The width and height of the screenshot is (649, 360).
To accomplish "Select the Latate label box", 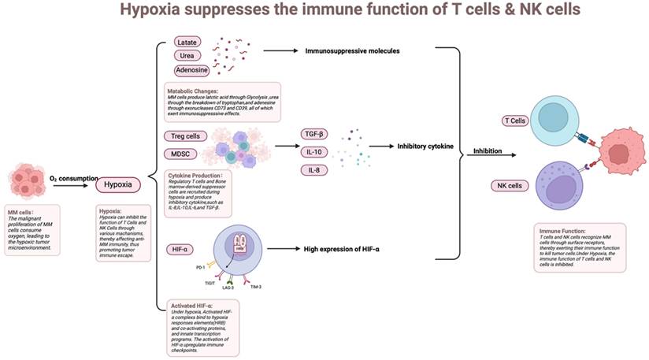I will point(187,42).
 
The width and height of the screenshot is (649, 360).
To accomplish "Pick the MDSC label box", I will point(184,153).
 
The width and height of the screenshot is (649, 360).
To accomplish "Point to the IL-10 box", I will point(313,152).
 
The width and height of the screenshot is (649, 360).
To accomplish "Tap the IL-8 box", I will point(313,170).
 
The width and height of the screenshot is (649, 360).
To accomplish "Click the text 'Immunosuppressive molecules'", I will point(352,51).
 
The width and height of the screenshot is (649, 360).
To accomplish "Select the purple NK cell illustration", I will point(563,184).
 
